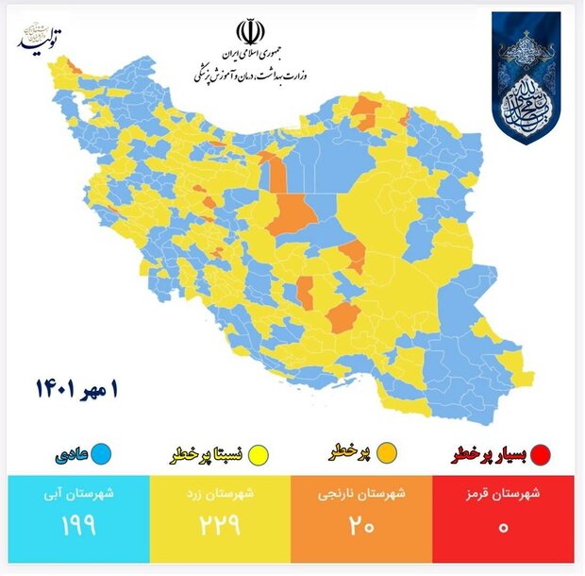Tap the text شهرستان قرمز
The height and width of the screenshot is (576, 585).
tap(504, 493)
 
